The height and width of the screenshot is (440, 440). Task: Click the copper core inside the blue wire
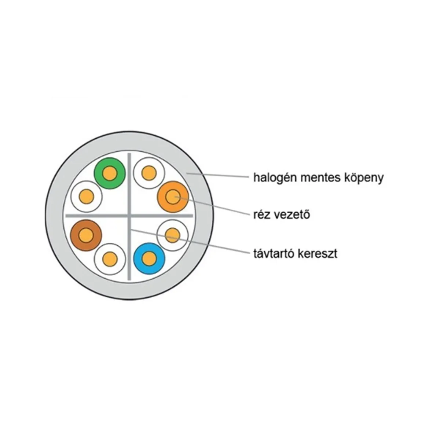[x=149, y=258]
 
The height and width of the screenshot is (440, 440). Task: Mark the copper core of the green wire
[x=110, y=173]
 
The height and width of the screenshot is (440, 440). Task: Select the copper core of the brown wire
[x=86, y=235]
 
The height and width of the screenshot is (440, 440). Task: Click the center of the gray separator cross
[x=129, y=216]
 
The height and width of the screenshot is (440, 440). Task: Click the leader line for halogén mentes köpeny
[x=217, y=175]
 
